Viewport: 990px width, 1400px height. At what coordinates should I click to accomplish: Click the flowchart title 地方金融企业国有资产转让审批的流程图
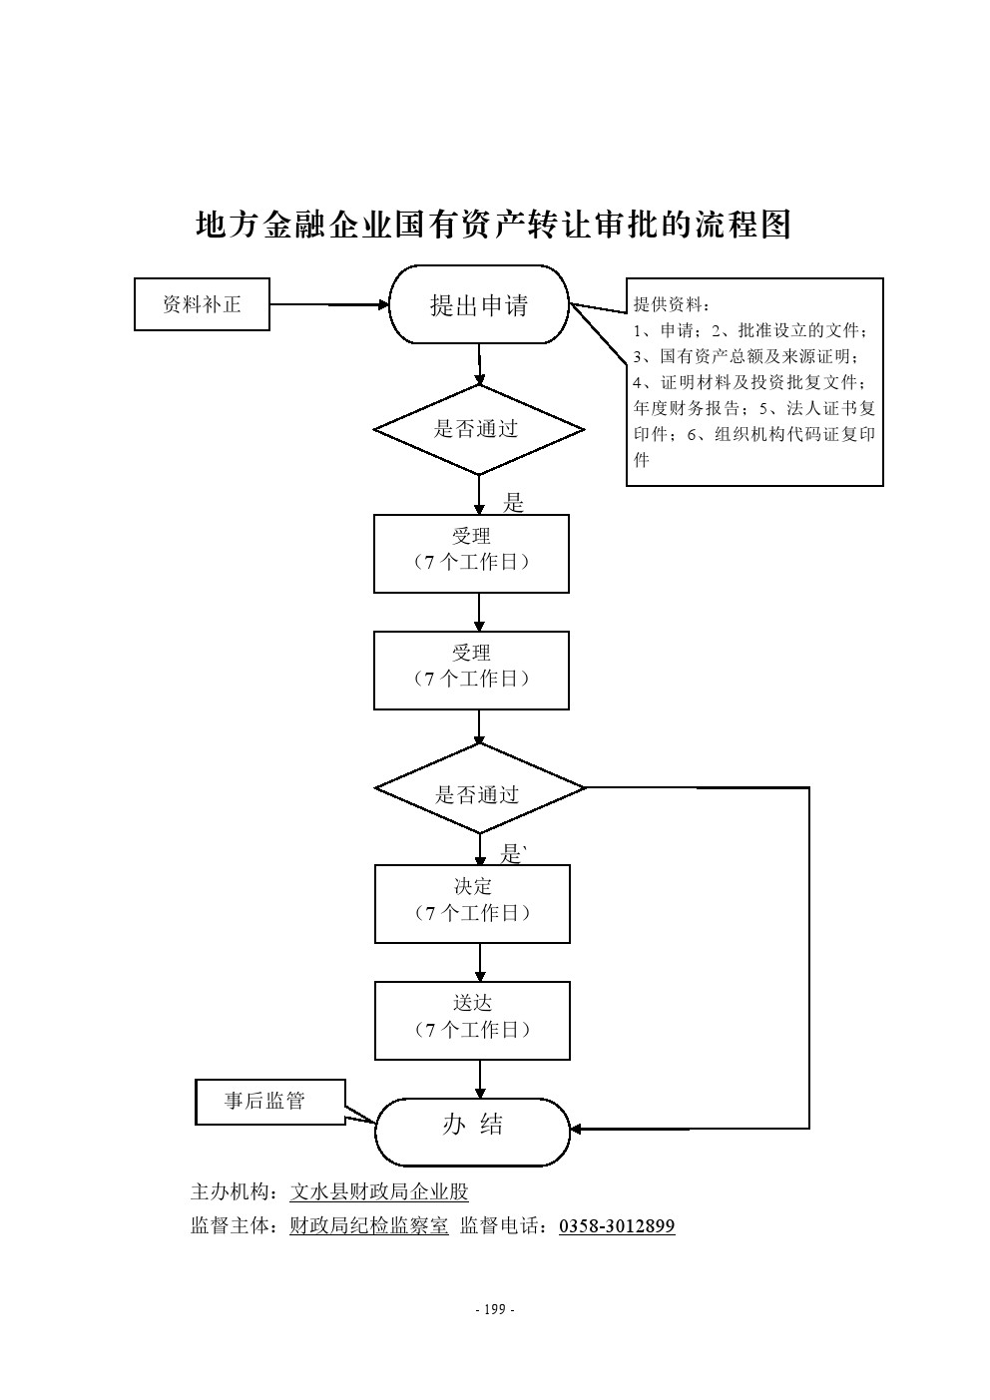point(493,226)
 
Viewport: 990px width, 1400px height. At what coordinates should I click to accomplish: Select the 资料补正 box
point(202,304)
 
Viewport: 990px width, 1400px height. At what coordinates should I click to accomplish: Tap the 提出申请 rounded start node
point(479,305)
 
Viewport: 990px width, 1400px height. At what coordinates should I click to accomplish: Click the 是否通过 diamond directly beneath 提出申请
point(478,430)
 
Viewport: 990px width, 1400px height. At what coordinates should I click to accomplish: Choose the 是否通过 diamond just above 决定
point(479,794)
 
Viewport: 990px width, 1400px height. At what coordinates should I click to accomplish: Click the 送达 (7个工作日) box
point(472,1019)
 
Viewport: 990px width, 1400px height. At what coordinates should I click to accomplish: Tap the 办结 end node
point(472,1129)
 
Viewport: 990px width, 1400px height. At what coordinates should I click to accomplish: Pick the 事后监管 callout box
point(264,1102)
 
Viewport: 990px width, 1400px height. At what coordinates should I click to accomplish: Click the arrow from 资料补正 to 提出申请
point(329,304)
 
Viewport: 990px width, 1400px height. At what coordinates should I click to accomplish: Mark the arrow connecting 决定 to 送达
point(480,962)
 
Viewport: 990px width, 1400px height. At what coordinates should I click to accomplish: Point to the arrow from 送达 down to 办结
point(480,1078)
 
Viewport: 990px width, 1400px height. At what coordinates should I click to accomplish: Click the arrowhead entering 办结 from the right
point(577,1129)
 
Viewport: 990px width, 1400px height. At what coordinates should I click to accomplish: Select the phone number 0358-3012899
point(617,1225)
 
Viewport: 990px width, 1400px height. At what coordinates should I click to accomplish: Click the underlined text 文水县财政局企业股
point(378,1191)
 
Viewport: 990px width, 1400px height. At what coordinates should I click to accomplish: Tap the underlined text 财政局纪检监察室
point(368,1225)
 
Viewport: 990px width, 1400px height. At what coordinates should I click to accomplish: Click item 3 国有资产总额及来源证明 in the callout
point(748,356)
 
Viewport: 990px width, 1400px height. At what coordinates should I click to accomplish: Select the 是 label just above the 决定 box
point(511,854)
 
